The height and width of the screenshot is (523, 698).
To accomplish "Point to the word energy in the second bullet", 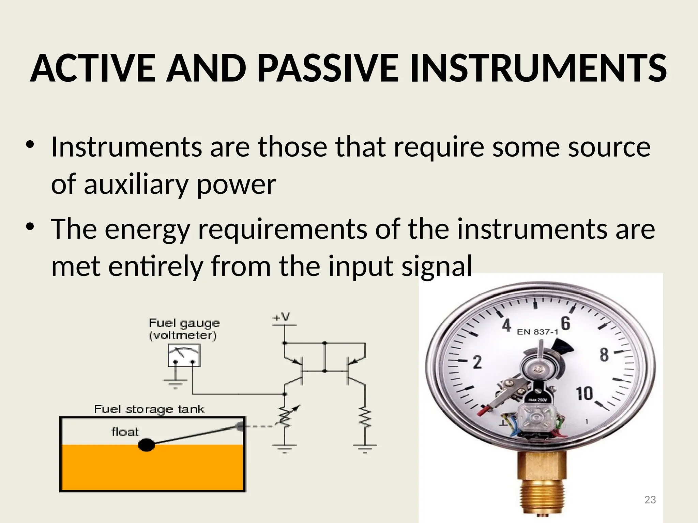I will (147, 229).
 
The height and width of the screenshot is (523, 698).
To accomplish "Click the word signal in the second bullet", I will (437, 266).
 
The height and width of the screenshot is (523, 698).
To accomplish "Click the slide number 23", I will (650, 500).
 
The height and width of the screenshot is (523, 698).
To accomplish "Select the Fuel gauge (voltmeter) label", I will (184, 329).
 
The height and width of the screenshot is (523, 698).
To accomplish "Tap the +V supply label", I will (281, 317).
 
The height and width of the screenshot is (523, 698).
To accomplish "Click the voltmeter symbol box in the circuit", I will (184, 355).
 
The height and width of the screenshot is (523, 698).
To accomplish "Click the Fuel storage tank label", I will (149, 409).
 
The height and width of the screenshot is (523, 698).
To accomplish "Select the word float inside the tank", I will (125, 432).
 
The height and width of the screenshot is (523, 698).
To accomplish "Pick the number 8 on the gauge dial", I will (604, 355).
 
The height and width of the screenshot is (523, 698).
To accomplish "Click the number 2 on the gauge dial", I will (477, 362).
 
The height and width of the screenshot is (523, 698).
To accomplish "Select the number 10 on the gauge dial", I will (584, 394).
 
